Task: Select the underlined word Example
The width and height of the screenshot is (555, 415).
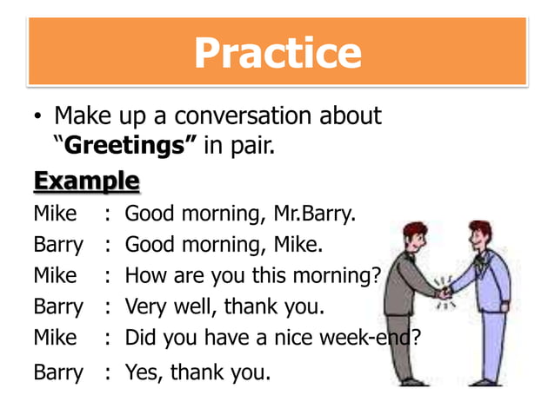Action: point(86,181)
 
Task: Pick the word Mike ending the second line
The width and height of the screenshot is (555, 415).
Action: point(296,245)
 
